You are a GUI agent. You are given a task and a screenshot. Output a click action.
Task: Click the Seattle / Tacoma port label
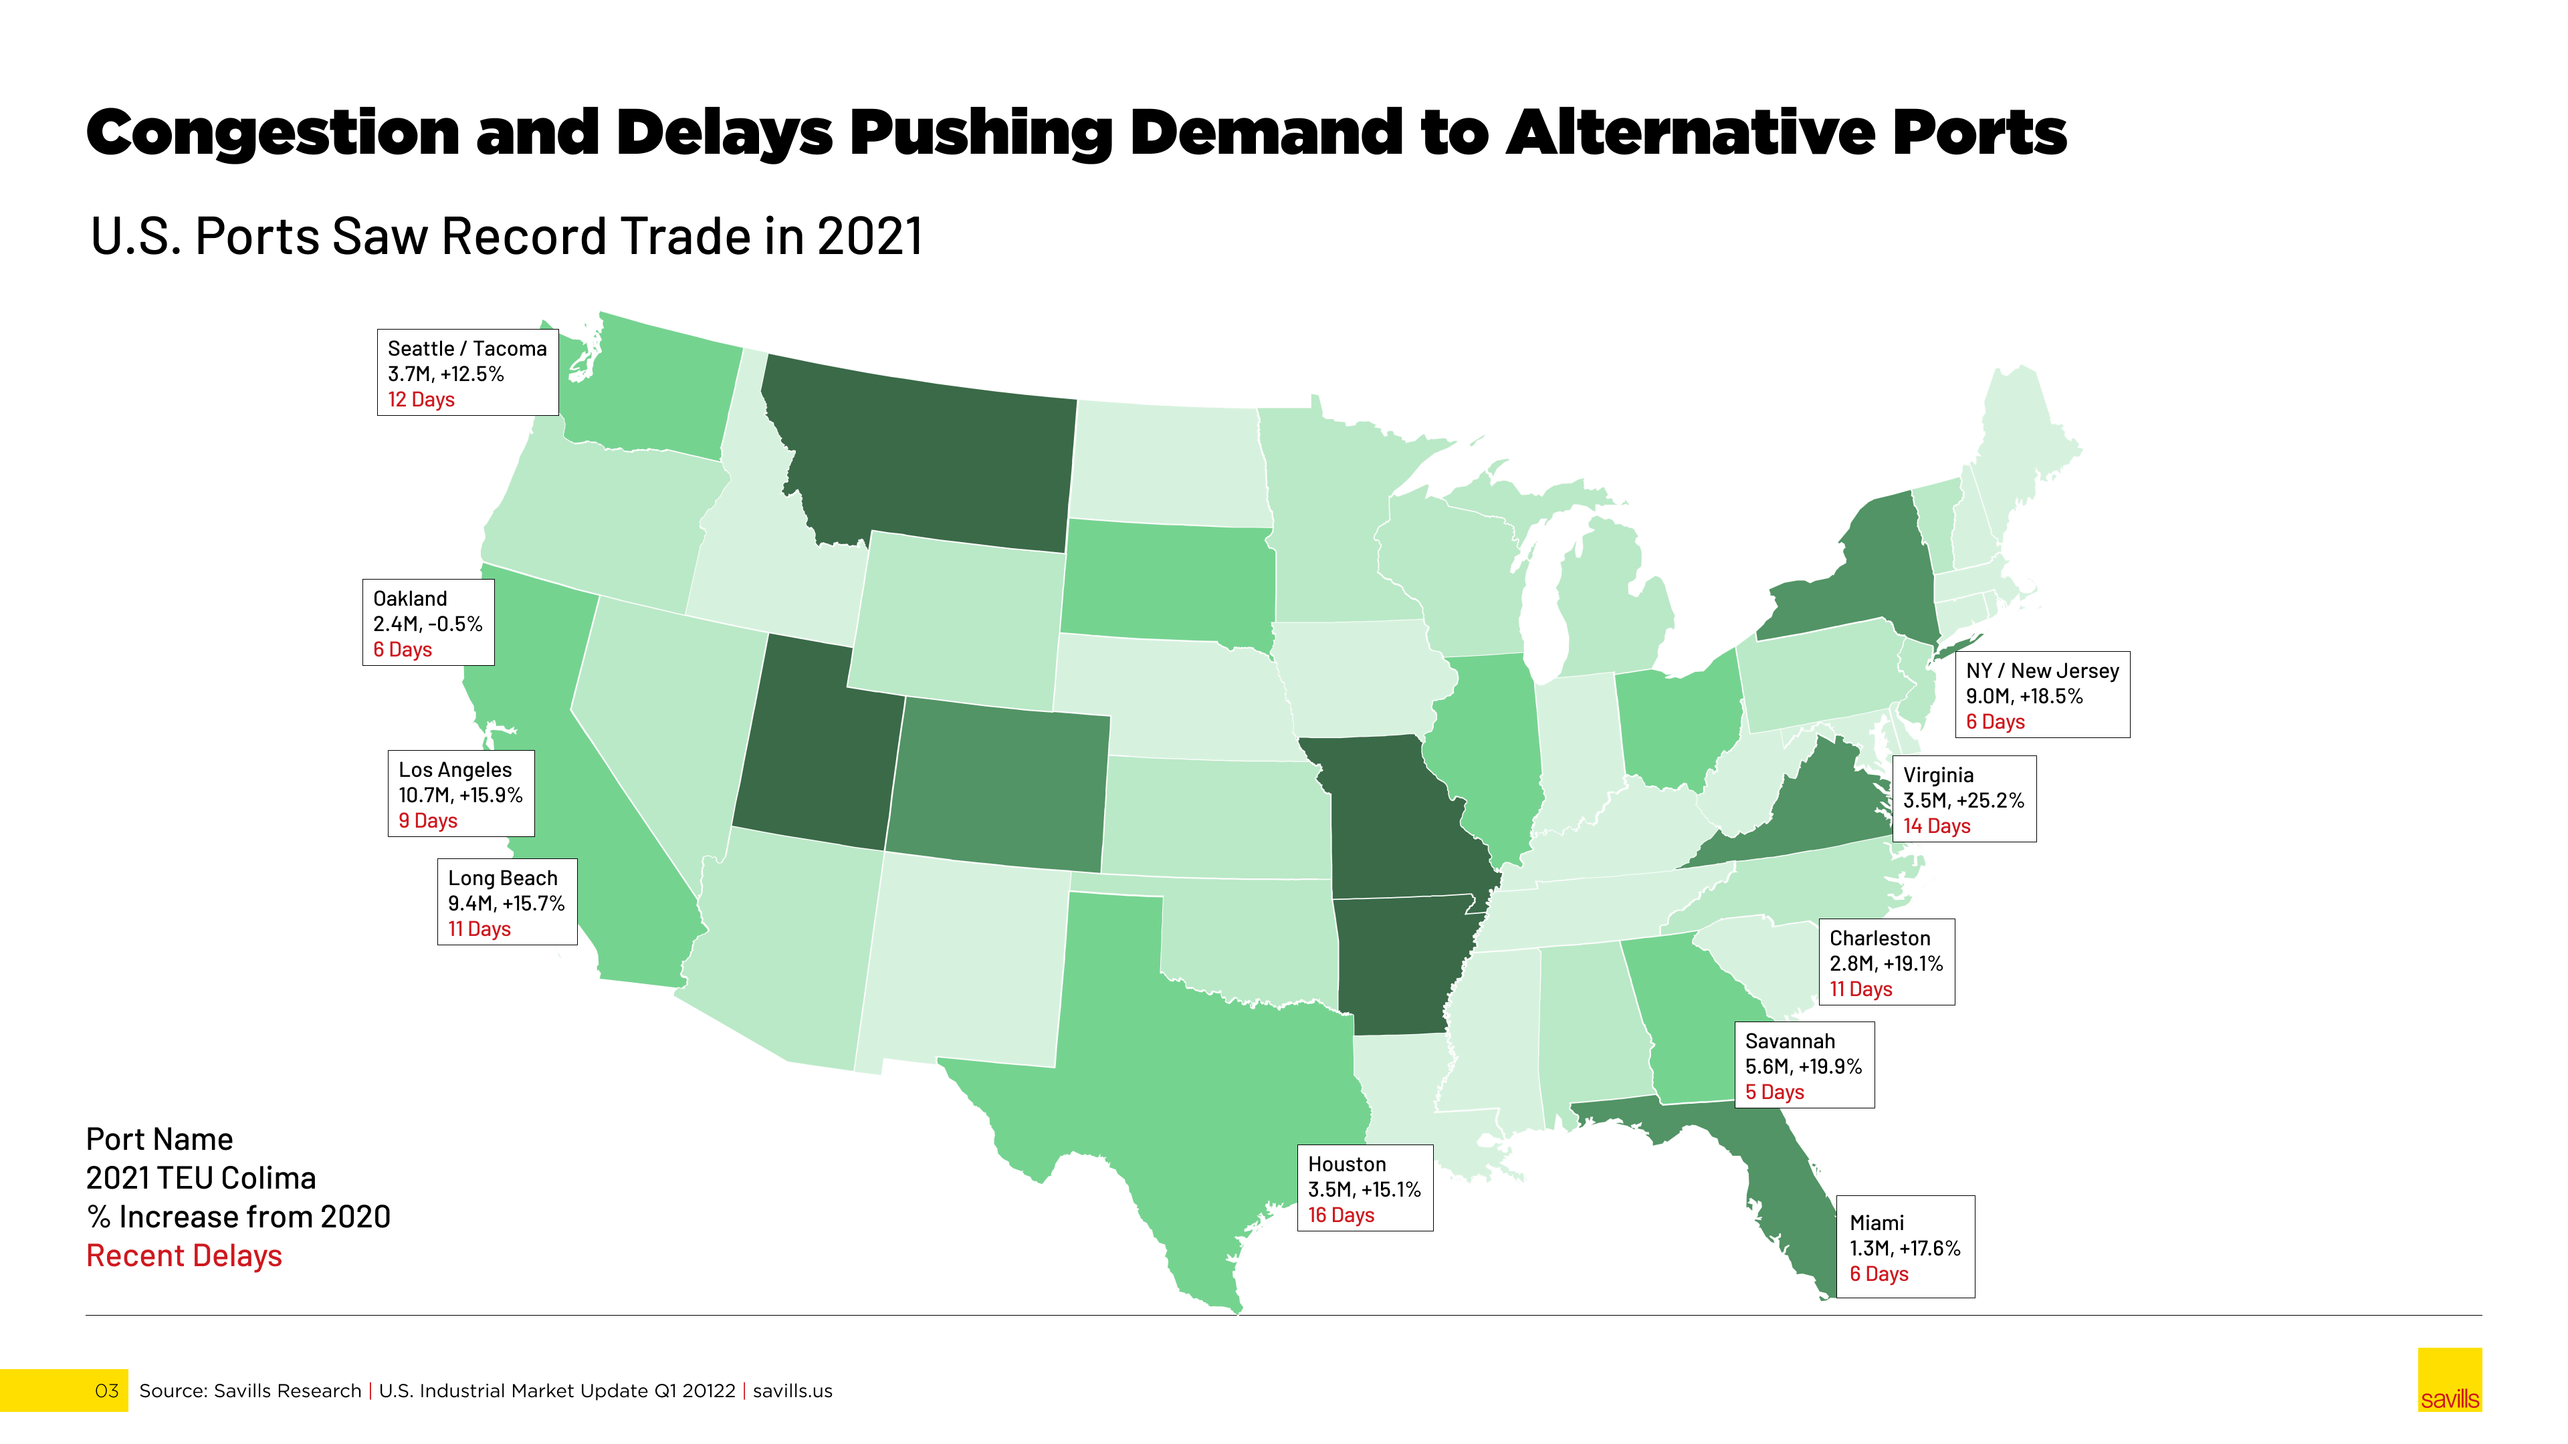(467, 349)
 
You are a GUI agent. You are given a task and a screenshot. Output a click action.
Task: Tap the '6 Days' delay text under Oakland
(403, 650)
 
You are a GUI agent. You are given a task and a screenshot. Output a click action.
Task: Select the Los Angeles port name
(455, 770)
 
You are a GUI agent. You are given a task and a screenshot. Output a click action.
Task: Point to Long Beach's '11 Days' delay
(479, 929)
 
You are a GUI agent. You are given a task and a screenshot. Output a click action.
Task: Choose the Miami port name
(1876, 1223)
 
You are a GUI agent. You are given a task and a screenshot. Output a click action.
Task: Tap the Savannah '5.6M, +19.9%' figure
(1802, 1066)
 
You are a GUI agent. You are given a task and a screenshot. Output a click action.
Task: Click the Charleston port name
(1879, 939)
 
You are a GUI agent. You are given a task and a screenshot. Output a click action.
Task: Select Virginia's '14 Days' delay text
(1936, 826)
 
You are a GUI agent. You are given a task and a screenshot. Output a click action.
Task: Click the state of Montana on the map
(927, 459)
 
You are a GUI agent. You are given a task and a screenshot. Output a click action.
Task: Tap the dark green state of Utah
(817, 747)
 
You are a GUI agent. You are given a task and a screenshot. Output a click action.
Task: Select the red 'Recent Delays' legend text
(185, 1255)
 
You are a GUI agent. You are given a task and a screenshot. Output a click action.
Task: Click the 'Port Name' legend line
(160, 1139)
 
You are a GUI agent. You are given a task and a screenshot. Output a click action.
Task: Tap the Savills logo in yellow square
(2450, 1380)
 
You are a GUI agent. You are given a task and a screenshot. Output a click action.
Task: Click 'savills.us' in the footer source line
(792, 1391)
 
